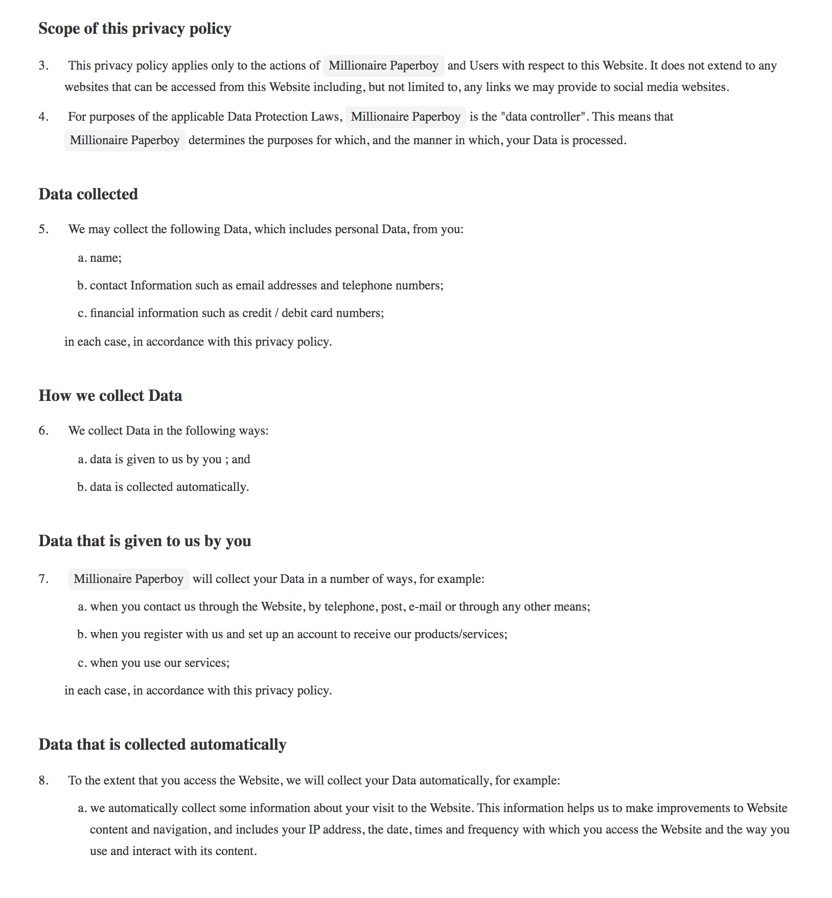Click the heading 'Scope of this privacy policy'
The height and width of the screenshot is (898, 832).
135,29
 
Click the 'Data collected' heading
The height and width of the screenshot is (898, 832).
88,194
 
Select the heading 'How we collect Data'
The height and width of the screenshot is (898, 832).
110,396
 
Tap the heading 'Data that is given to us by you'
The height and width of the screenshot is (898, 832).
145,541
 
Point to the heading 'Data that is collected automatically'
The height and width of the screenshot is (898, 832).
162,745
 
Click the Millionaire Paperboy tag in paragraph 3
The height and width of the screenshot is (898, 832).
383,66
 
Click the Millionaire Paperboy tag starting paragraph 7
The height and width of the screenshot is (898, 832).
128,579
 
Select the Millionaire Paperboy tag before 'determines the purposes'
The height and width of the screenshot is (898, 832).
125,141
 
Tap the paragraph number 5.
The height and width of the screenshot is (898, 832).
44,230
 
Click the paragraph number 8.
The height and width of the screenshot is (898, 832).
44,781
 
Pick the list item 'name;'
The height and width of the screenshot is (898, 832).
106,258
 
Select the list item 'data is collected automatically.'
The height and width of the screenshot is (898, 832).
169,487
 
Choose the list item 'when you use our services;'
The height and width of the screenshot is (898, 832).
160,663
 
